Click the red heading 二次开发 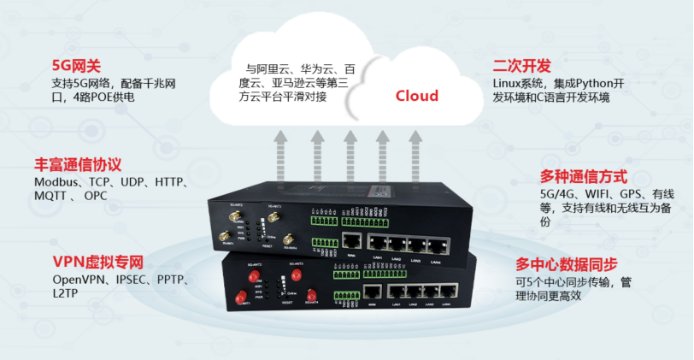521,67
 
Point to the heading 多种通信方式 584,177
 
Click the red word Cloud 416,96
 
